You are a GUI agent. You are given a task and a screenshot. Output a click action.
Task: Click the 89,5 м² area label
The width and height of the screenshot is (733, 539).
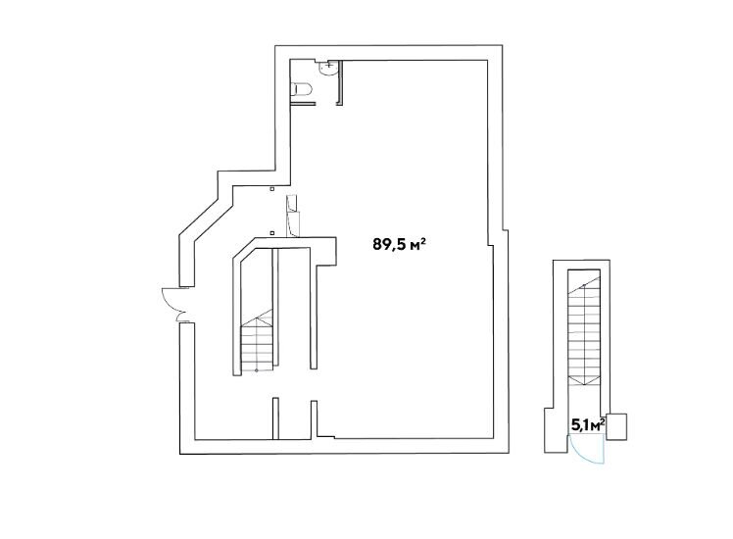coord(399,244)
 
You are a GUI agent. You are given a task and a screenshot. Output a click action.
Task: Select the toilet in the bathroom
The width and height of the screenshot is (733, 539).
coord(302,89)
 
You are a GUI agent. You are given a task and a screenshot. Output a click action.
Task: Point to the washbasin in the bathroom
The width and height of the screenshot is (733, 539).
coord(327,68)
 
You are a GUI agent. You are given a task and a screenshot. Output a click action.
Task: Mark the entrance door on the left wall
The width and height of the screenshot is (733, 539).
coord(174,305)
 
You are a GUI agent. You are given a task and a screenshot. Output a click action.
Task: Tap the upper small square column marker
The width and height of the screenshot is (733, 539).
coord(271,189)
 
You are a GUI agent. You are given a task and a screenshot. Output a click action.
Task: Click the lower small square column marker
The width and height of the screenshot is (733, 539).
coord(271,232)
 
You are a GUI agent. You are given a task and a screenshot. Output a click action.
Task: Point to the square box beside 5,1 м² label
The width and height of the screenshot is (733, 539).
coord(616,426)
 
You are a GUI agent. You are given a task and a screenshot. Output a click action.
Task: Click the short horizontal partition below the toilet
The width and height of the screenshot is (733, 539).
coord(302,103)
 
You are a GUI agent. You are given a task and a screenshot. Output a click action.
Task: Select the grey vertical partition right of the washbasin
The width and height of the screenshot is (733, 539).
coord(341,82)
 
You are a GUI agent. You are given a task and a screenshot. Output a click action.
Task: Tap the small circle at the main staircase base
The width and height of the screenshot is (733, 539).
coord(256,370)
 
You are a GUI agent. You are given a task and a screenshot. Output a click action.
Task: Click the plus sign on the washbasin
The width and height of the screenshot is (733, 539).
coord(329,65)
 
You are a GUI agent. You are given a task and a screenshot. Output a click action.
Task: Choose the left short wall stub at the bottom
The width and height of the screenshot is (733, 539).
coord(275,418)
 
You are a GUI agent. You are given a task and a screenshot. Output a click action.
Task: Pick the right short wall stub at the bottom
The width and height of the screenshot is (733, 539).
coord(315,418)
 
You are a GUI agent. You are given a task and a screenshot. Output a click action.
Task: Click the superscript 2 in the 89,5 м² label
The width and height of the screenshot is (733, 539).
coord(422,240)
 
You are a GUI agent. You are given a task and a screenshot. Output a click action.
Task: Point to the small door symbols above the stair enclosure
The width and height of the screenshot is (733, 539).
coord(293,216)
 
